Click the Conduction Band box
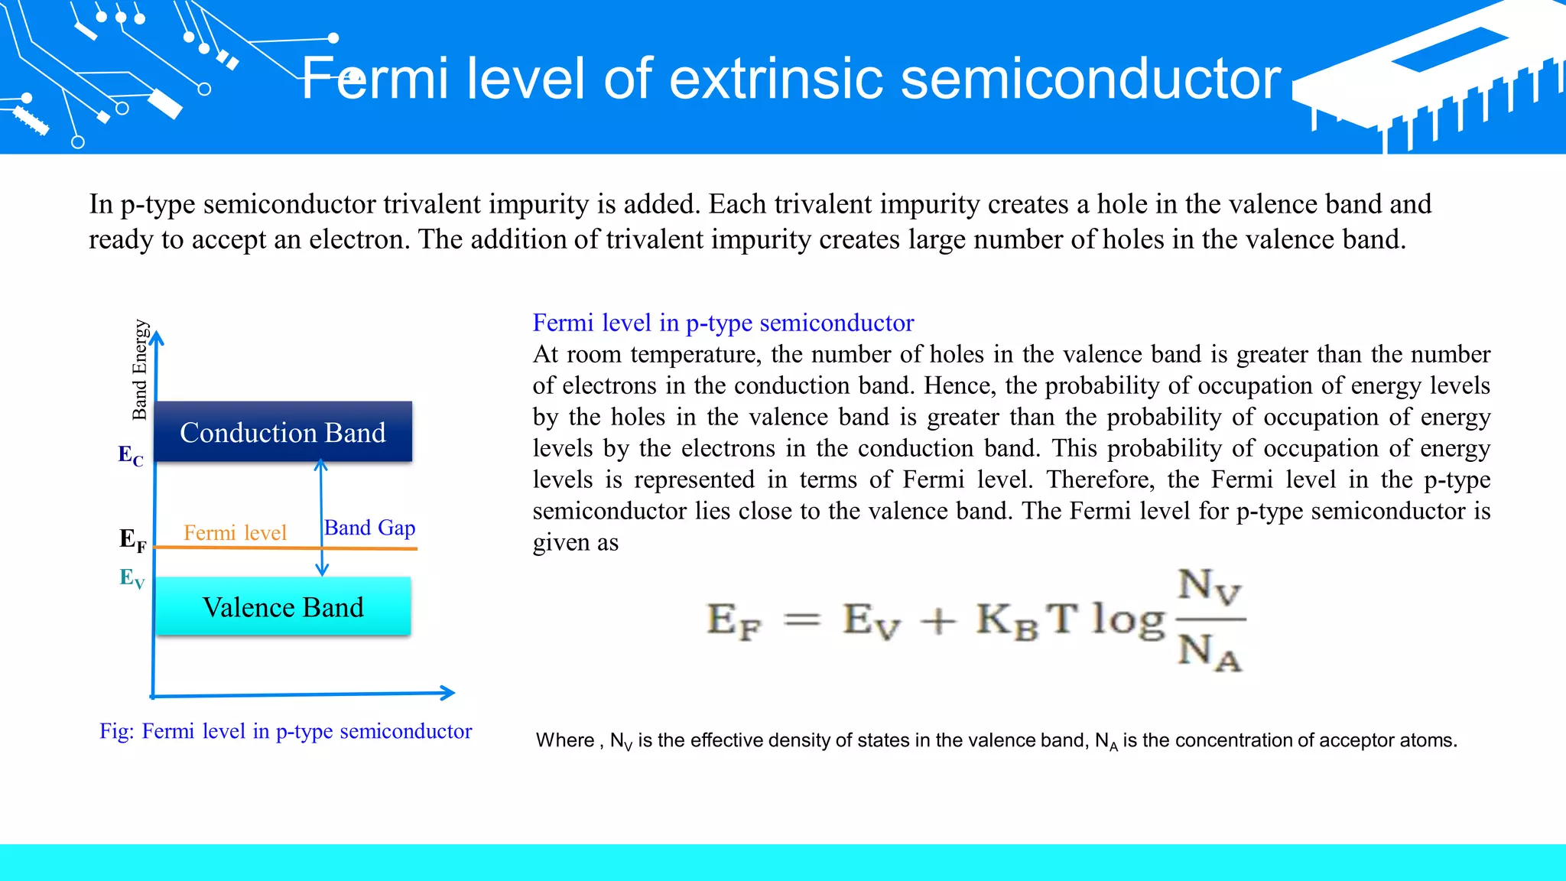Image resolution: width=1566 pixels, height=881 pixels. (283, 431)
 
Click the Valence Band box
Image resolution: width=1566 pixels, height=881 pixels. (283, 606)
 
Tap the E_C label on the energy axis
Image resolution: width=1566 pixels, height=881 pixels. (131, 456)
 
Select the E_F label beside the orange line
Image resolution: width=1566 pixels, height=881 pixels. (132, 540)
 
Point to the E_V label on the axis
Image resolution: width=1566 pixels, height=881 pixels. (132, 578)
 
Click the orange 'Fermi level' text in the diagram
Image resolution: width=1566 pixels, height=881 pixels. (235, 532)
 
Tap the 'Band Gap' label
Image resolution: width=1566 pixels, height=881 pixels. (369, 528)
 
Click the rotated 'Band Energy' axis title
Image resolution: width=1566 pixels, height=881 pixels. (139, 370)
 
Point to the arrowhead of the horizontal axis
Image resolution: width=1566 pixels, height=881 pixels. (449, 693)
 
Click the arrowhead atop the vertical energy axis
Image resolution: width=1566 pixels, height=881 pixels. (157, 338)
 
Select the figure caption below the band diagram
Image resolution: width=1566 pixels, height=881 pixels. (285, 731)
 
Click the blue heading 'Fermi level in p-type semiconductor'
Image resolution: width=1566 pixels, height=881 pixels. (723, 323)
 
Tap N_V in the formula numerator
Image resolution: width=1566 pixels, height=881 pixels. (1209, 587)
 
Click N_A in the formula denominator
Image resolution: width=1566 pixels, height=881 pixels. (1209, 652)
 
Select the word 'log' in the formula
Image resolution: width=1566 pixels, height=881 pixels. (1127, 619)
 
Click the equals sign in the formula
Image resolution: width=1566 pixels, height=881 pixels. (802, 619)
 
